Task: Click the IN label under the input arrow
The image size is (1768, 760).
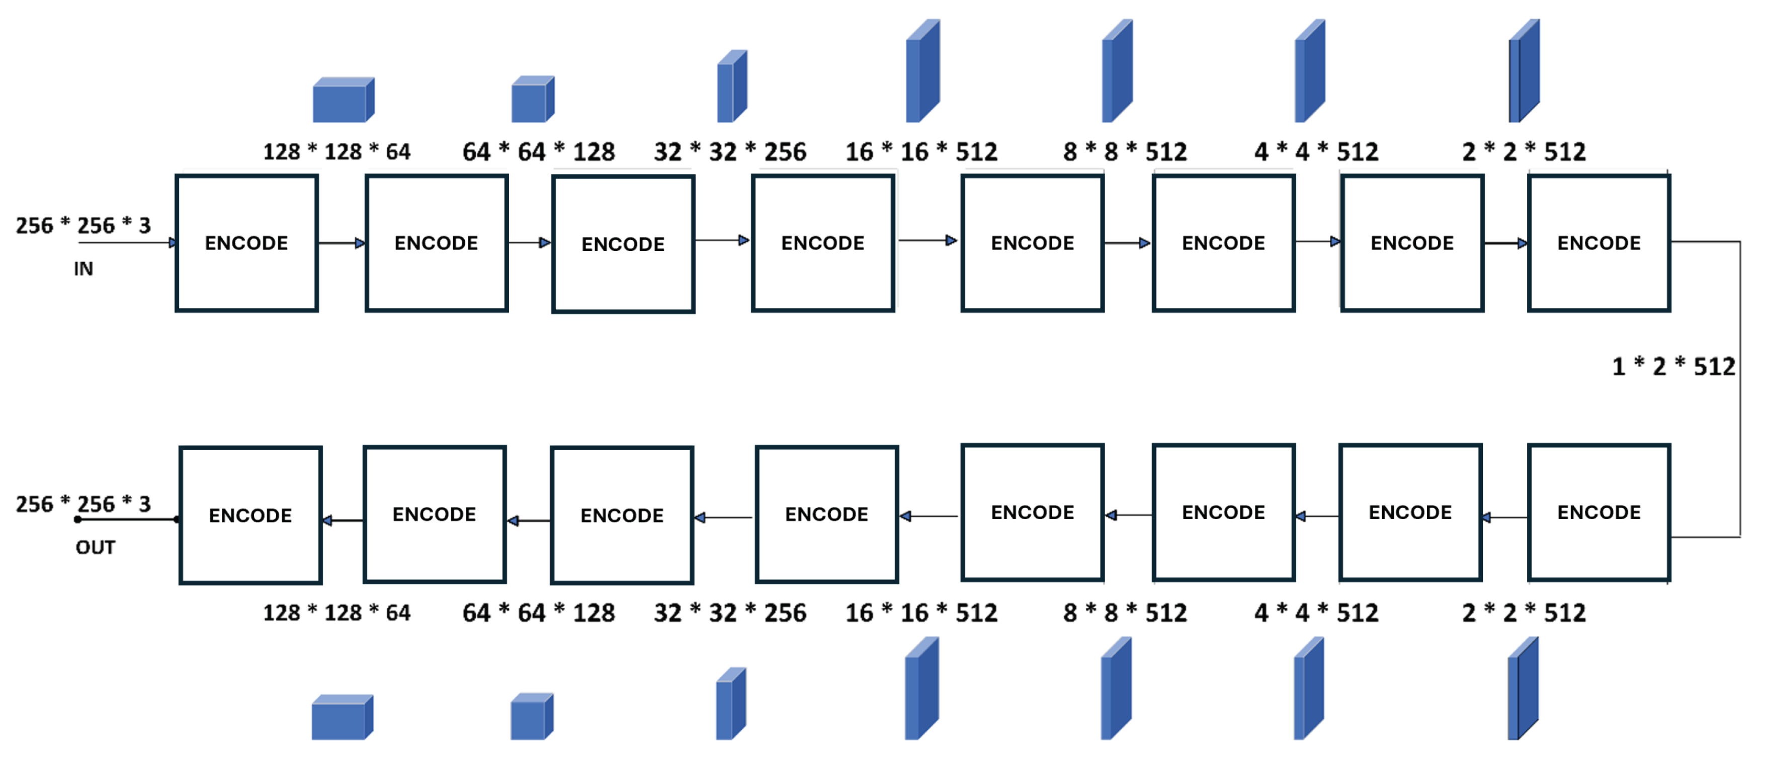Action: (x=83, y=269)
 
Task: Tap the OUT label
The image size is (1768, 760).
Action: (x=96, y=547)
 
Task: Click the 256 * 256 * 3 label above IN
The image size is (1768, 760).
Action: (x=83, y=225)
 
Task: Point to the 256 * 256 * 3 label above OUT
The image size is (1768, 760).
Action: (x=83, y=504)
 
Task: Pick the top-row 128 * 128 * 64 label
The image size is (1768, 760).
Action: (x=336, y=152)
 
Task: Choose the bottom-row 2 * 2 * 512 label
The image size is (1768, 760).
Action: (x=1523, y=613)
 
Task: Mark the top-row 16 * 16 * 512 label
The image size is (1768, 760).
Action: (x=921, y=152)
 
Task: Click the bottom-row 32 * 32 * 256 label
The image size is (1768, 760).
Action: (x=729, y=613)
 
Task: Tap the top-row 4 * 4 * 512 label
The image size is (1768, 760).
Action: (x=1316, y=152)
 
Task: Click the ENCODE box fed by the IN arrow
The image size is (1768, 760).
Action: (x=246, y=243)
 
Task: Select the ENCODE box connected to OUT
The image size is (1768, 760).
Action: (x=250, y=515)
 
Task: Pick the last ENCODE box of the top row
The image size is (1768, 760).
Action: (x=1598, y=243)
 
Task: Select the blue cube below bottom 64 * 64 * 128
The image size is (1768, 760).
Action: (x=532, y=717)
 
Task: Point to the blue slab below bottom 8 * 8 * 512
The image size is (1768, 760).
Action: (x=1116, y=689)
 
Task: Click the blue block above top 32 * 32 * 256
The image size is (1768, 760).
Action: (x=732, y=87)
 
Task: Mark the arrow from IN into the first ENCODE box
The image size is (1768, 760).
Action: (x=127, y=242)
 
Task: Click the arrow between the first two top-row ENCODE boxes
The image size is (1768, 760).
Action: (x=341, y=243)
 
